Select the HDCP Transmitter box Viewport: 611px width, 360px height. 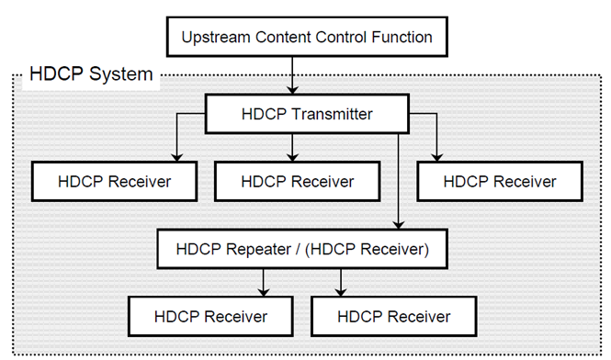(x=306, y=115)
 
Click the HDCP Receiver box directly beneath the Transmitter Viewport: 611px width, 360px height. (x=297, y=181)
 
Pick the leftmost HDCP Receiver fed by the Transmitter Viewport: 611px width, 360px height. (x=114, y=181)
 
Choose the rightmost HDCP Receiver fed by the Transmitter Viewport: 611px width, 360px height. (x=499, y=181)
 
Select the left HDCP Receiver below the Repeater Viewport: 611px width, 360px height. (x=210, y=316)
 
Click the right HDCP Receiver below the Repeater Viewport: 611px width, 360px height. (x=394, y=316)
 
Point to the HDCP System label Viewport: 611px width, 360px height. (x=91, y=74)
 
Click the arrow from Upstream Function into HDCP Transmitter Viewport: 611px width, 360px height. (x=293, y=77)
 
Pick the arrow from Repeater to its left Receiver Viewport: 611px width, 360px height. (x=264, y=281)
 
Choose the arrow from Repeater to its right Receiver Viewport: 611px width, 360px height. (x=341, y=281)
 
